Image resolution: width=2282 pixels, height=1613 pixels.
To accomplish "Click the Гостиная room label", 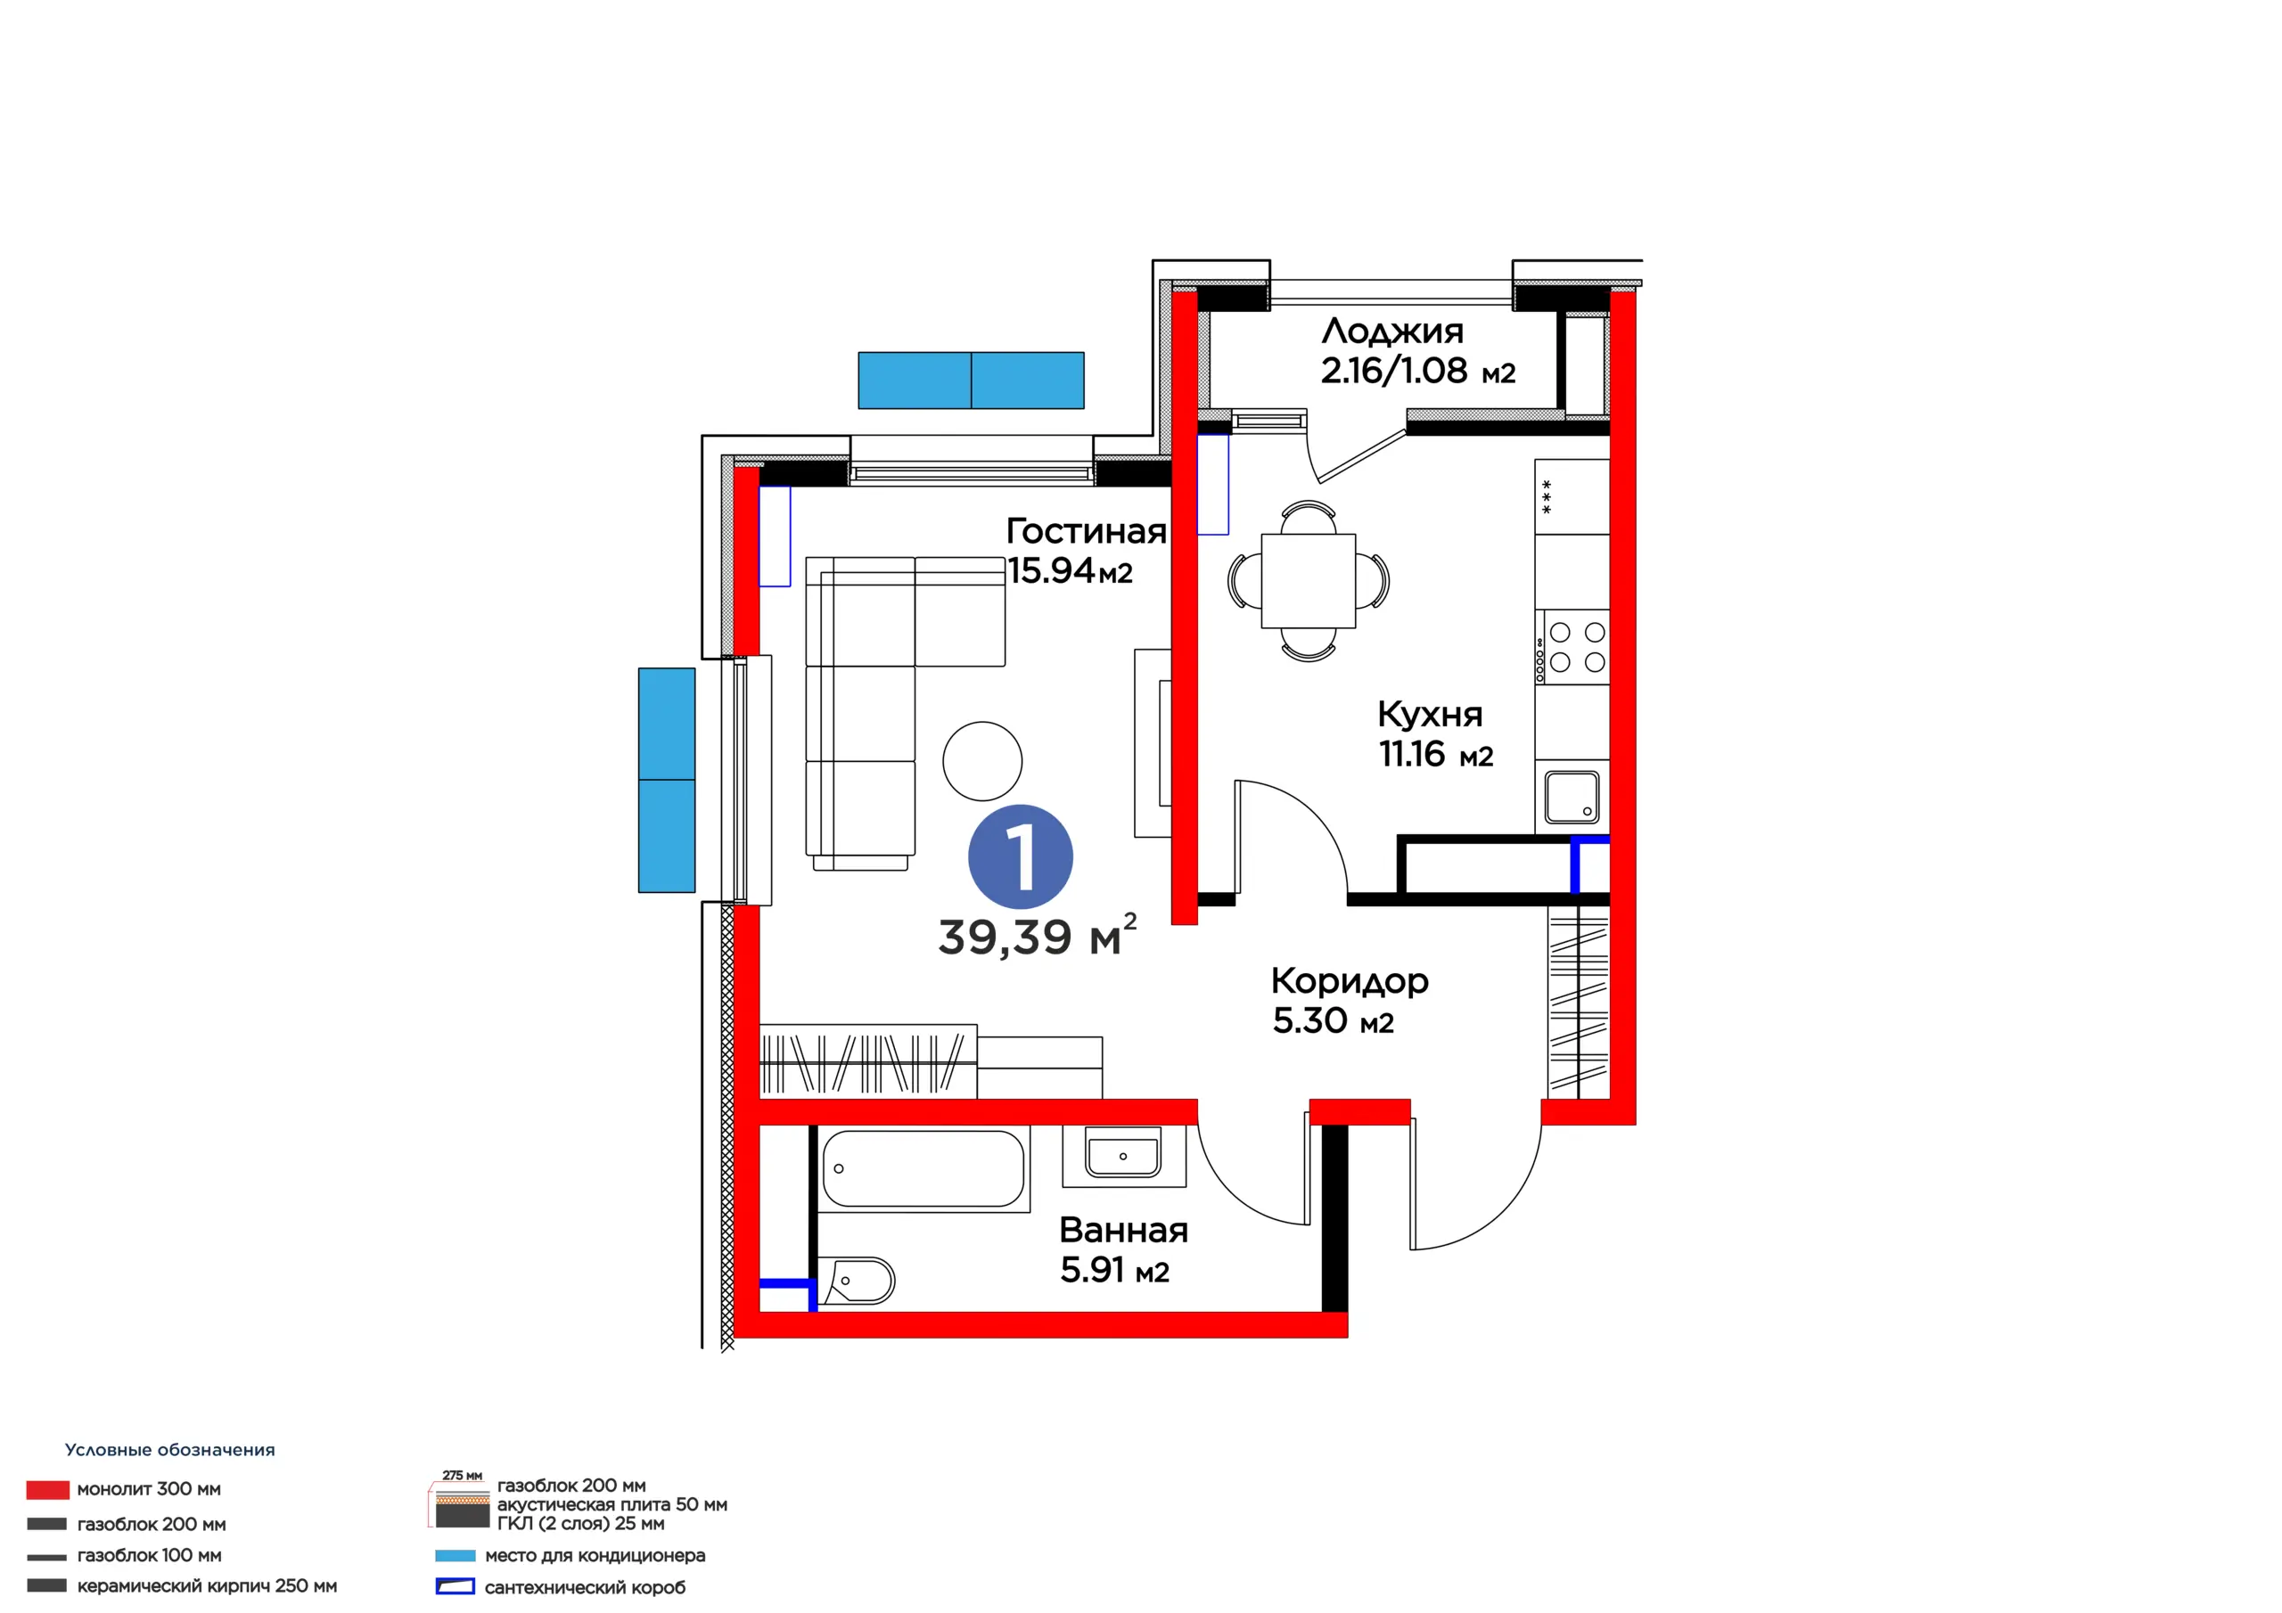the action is coord(1086,532).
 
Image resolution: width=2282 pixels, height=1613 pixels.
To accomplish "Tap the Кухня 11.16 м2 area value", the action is coord(1435,756).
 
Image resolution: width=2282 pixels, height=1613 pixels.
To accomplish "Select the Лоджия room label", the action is coord(1391,331).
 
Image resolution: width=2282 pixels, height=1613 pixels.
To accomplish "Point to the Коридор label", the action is coord(1349,982).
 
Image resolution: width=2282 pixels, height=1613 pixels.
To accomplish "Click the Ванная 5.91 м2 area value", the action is coord(1114,1270).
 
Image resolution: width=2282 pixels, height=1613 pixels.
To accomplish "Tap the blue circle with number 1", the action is coord(1020,856).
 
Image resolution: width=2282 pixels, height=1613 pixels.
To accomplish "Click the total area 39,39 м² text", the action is coord(1037,935).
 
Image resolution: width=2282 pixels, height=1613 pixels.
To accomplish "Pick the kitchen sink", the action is coord(1572,797).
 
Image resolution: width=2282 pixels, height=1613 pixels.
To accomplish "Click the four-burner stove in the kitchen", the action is coord(1572,647).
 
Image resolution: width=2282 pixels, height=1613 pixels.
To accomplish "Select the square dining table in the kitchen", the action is coord(1308,580).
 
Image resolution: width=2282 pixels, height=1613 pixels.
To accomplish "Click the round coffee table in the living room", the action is coord(982,761).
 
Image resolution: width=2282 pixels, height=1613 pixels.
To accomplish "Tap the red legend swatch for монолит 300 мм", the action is coord(48,1490).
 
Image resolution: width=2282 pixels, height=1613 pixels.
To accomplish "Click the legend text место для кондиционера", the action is coord(595,1555).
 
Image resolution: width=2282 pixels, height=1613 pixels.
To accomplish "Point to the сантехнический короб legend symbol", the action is coord(456,1587).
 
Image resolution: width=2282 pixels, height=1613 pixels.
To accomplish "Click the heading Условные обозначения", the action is coord(170,1450).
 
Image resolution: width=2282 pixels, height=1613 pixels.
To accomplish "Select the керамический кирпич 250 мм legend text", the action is coord(207,1586).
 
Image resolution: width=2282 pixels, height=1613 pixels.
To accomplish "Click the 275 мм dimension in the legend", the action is coord(462,1476).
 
